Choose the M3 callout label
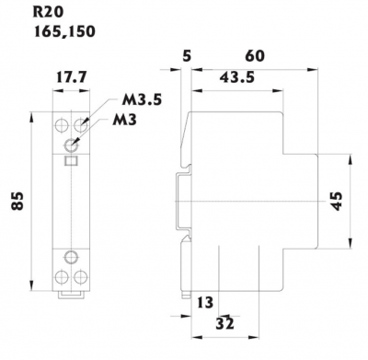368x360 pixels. coord(129,120)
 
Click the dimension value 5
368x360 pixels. coord(188,56)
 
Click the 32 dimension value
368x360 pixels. coord(224,323)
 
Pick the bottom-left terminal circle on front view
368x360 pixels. coord(63,275)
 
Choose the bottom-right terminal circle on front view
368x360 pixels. coord(80,275)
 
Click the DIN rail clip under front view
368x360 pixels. coord(71,295)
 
